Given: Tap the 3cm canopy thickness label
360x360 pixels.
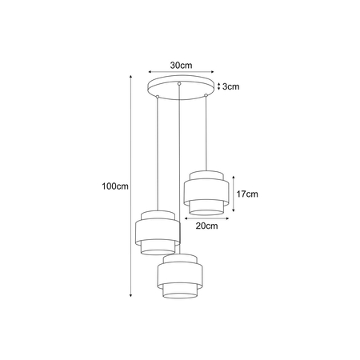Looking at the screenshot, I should (x=233, y=86).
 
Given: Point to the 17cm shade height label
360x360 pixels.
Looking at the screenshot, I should (x=246, y=194).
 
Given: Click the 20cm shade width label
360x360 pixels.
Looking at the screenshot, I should (x=206, y=226).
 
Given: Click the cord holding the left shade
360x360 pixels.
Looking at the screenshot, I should (x=158, y=152).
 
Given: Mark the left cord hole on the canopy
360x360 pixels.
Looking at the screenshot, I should (x=158, y=95).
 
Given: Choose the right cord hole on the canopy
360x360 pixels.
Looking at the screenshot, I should (x=206, y=95).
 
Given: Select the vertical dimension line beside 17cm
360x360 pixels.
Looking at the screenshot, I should (x=233, y=194).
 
